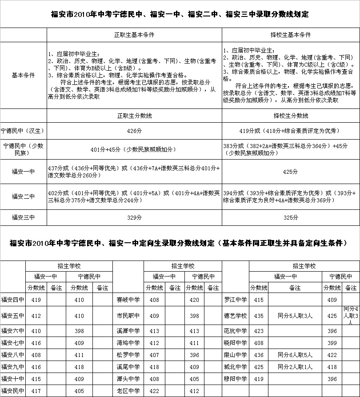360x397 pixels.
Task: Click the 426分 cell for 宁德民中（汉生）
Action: click(x=134, y=131)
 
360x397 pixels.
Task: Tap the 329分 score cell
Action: click(x=134, y=217)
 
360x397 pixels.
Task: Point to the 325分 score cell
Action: click(x=291, y=217)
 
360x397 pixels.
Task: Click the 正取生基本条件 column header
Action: click(x=134, y=35)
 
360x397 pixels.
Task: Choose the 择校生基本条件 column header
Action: click(x=291, y=35)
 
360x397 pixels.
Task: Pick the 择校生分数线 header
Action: click(x=291, y=116)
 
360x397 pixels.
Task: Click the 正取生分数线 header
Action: click(x=134, y=116)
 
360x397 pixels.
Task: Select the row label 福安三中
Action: click(x=23, y=217)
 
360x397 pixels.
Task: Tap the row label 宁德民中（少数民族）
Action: click(x=23, y=149)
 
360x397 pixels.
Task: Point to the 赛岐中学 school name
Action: click(x=128, y=300)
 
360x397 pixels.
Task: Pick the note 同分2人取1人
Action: click(x=295, y=367)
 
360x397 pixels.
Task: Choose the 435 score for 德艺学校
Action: click(x=259, y=316)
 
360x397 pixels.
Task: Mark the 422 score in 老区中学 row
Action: click(x=154, y=391)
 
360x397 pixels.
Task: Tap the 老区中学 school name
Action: click(x=128, y=391)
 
